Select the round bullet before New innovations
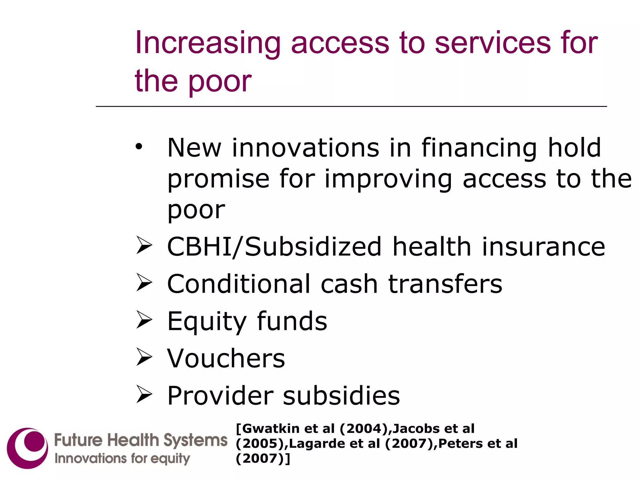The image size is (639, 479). point(139,146)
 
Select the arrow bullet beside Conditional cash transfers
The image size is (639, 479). point(144,283)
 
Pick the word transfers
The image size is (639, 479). point(445,284)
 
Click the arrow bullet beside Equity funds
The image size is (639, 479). point(144,320)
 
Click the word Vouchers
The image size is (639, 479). point(226,358)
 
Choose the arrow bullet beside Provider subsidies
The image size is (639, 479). point(144,394)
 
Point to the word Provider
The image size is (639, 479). point(220,395)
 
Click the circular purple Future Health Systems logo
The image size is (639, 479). point(27,448)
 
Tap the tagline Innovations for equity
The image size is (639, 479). point(122,459)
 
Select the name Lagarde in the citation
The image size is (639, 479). point(317,443)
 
